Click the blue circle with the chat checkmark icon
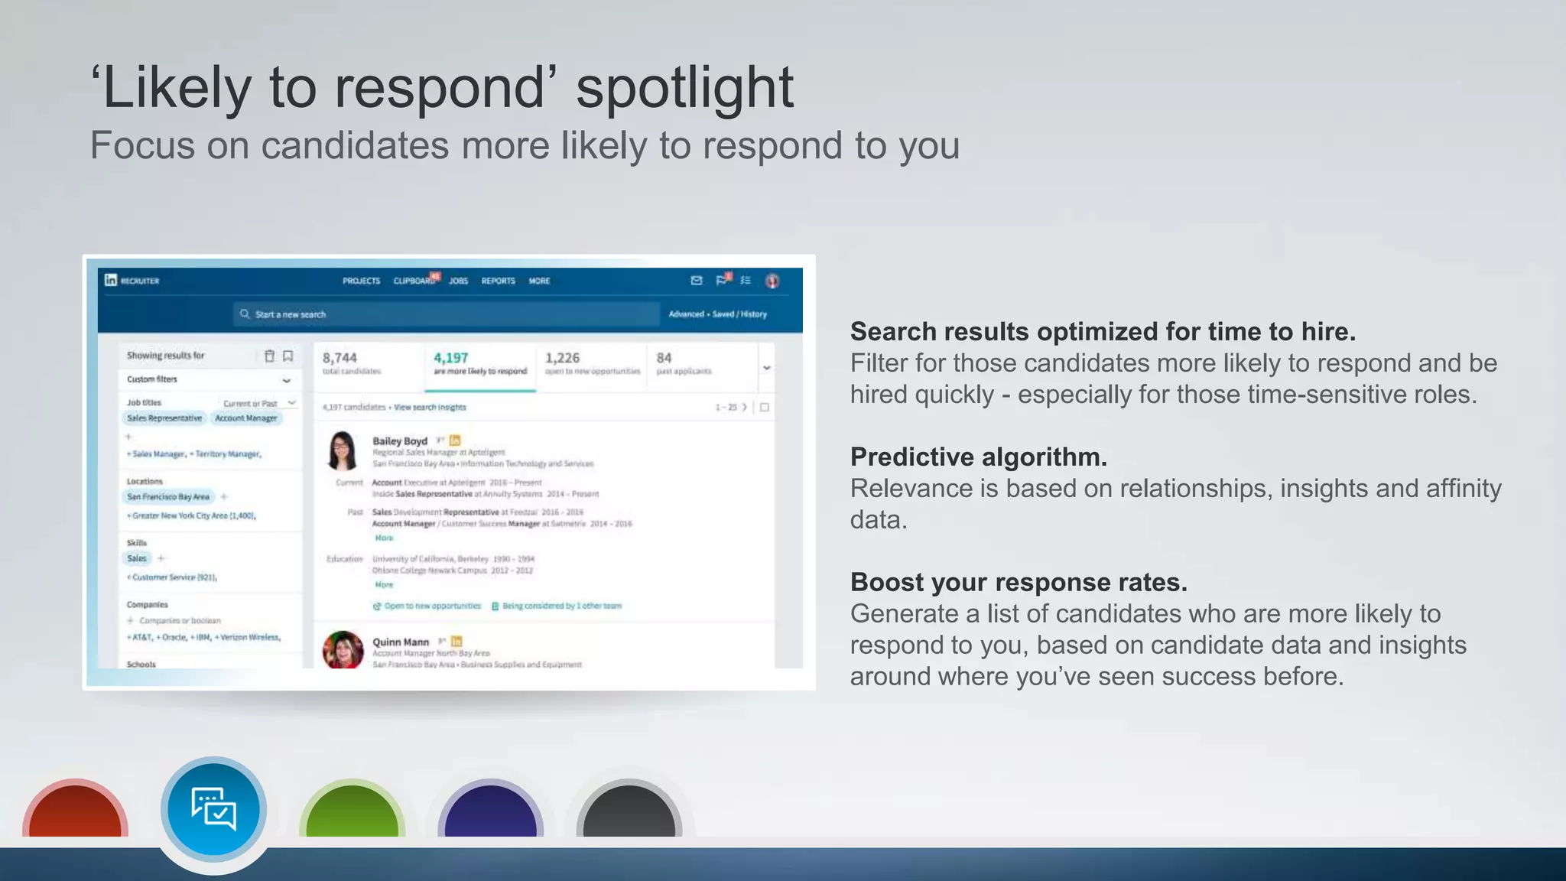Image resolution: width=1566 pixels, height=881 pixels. click(213, 809)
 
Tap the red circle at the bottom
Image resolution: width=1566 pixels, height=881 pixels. click(75, 812)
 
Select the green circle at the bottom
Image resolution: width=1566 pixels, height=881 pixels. click(352, 812)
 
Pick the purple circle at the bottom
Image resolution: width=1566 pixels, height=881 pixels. click(490, 812)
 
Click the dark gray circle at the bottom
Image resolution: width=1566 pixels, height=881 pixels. click(629, 812)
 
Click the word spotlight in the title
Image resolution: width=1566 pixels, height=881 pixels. click(684, 89)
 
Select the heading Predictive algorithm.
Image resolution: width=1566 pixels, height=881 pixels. click(978, 457)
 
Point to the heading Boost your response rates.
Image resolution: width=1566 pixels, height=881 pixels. click(1019, 582)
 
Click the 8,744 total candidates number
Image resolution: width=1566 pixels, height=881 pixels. click(340, 358)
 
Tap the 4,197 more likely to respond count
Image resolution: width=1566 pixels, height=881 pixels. click(451, 358)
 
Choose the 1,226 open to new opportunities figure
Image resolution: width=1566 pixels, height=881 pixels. click(562, 358)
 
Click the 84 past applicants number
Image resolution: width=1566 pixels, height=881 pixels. click(664, 358)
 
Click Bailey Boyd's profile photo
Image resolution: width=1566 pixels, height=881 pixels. click(342, 450)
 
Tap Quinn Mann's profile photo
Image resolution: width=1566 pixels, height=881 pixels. click(343, 650)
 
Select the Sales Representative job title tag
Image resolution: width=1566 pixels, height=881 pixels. click(164, 418)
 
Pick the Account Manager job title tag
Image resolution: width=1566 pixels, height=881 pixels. click(246, 418)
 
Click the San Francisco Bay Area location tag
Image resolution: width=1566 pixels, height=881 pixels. click(168, 497)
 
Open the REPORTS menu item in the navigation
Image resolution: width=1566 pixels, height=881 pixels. click(498, 281)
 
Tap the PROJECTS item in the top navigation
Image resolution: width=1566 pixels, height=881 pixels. click(361, 281)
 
